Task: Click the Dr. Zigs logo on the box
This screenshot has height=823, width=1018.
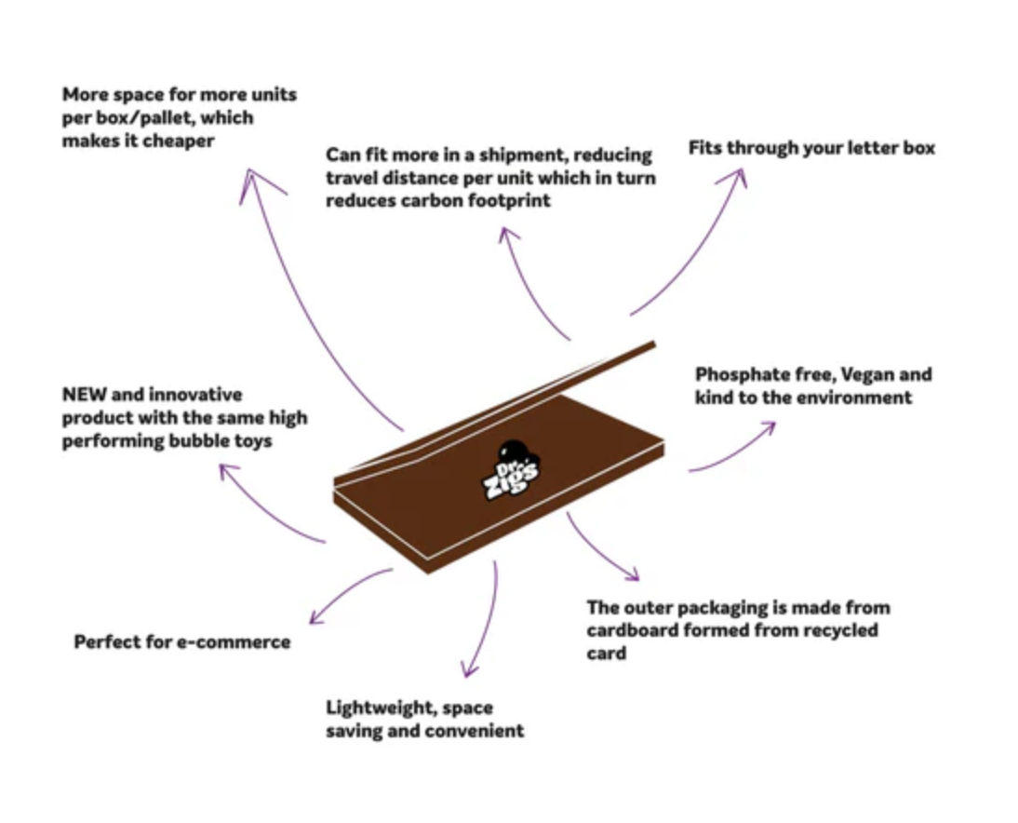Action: [511, 470]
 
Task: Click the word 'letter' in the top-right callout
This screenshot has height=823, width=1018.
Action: [867, 148]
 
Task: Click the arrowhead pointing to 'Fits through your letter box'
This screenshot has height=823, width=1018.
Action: [734, 177]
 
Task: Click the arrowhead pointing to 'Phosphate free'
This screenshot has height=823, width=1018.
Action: [767, 428]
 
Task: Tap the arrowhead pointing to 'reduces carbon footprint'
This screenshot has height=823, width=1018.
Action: [508, 236]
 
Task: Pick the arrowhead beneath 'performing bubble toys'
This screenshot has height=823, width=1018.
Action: [228, 472]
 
